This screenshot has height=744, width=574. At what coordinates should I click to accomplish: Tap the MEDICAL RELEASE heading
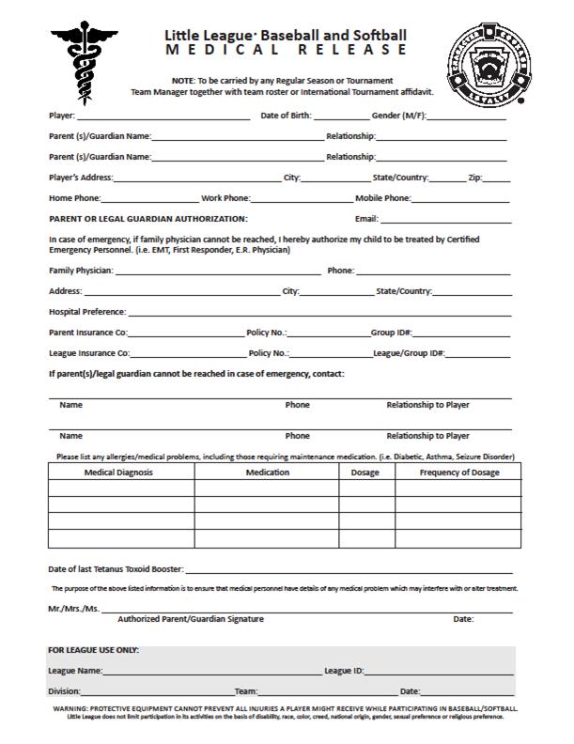tap(287, 49)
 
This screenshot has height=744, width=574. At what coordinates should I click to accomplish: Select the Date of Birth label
tap(286, 116)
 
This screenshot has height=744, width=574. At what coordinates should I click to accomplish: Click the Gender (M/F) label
tap(398, 116)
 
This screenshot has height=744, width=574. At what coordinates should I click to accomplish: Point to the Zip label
tap(475, 178)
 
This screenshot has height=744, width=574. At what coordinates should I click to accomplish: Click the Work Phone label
tap(225, 198)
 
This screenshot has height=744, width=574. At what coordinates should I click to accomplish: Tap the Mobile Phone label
tap(383, 198)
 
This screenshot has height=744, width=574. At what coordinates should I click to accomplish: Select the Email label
tap(366, 219)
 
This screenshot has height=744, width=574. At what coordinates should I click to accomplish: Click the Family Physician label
tap(81, 271)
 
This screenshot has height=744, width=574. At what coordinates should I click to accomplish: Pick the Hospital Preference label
tap(87, 312)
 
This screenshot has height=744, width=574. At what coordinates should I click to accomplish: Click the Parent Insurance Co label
tap(88, 333)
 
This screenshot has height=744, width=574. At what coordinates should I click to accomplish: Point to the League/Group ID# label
tap(409, 353)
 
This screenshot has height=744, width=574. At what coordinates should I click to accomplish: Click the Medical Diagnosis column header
tap(119, 472)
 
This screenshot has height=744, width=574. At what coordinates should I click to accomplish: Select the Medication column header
tap(267, 472)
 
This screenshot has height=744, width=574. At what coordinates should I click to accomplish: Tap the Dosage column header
tap(365, 472)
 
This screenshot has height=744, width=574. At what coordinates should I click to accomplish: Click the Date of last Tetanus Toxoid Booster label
tap(116, 569)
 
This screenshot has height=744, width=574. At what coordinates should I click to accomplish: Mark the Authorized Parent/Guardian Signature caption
tap(191, 619)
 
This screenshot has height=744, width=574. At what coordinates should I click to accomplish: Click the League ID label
tap(344, 671)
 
